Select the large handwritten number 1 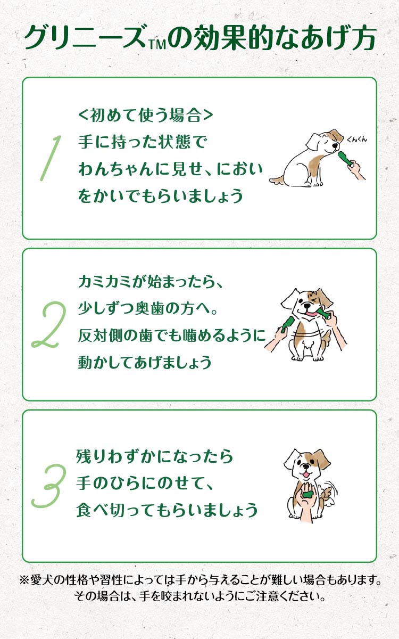(x=51, y=157)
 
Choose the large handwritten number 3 (x=49, y=485)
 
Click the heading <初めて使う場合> (x=145, y=115)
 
